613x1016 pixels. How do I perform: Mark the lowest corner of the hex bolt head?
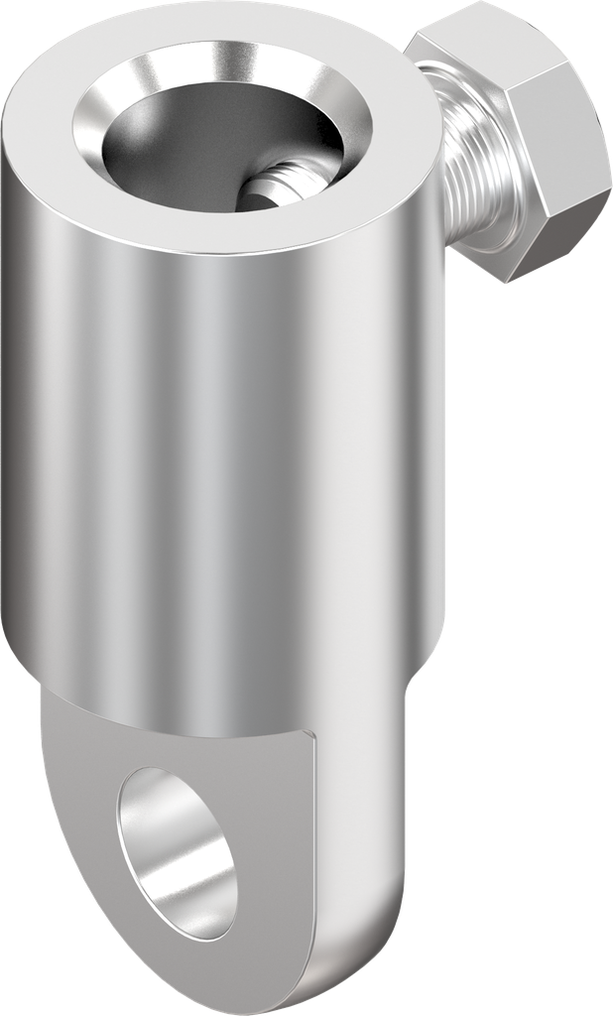pos(508,284)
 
